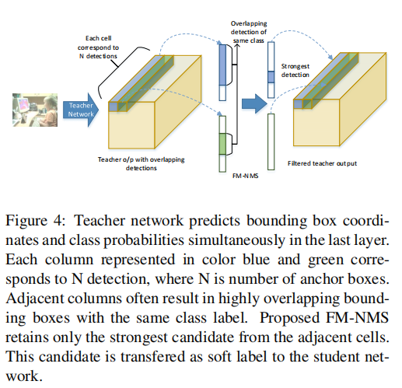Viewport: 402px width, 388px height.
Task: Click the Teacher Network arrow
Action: point(81,110)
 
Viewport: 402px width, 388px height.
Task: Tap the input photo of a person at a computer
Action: point(35,110)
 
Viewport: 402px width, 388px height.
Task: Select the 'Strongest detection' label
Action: point(295,71)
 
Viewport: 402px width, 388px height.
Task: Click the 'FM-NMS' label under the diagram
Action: point(245,176)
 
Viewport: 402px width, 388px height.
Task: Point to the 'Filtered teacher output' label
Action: point(322,163)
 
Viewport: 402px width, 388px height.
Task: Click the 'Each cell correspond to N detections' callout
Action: point(98,47)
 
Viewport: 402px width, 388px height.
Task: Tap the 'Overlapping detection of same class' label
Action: point(249,32)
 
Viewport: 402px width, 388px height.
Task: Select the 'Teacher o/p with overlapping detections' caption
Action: point(142,163)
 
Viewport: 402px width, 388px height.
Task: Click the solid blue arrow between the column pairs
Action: point(254,103)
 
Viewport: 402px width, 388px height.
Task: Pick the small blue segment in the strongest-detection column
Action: point(271,77)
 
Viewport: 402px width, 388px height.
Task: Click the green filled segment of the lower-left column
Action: point(222,144)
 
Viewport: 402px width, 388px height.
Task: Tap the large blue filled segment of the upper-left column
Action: point(222,65)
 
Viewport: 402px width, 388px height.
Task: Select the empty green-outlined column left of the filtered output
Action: point(271,142)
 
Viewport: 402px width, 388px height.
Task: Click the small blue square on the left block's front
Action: point(113,107)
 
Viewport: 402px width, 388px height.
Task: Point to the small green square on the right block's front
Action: point(307,104)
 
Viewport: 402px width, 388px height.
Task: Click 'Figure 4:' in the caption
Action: point(36,221)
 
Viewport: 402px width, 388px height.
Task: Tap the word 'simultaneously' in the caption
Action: point(236,240)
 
